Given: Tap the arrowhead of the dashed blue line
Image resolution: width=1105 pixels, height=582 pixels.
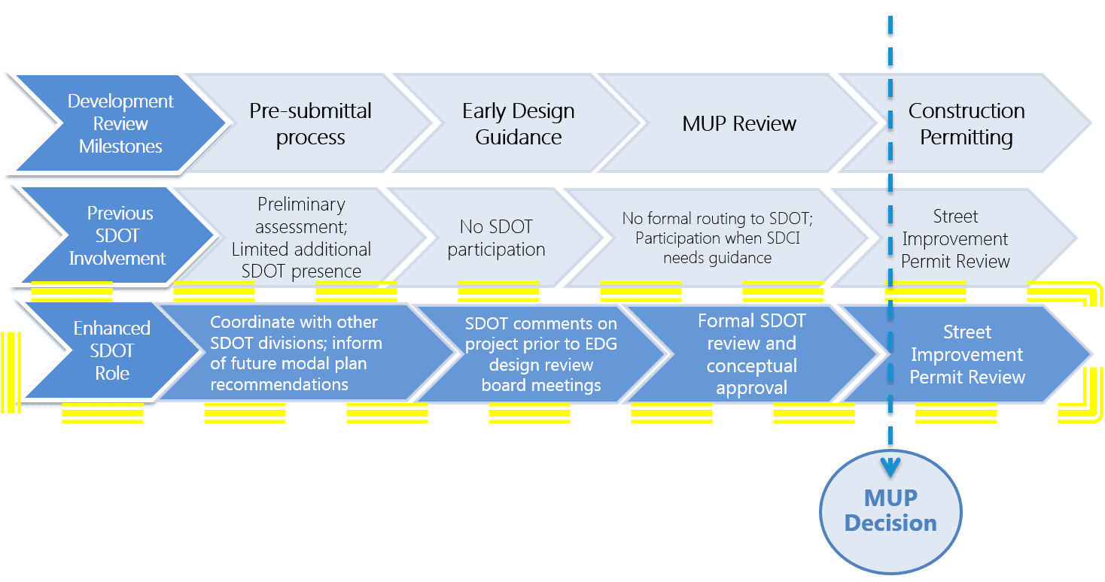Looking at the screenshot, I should (890, 467).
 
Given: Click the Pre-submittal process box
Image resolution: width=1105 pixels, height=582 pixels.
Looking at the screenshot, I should (310, 124).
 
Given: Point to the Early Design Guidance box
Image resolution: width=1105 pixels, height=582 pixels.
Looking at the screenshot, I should (518, 124).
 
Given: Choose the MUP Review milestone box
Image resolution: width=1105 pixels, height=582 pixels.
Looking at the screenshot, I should (738, 124).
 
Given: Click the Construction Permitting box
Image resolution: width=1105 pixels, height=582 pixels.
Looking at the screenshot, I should (966, 124).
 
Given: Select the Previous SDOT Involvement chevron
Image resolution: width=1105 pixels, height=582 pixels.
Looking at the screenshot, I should (117, 235).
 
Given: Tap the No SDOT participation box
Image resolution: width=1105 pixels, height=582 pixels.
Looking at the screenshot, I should (496, 238).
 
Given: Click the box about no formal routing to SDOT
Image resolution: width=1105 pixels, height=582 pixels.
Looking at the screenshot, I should (717, 238).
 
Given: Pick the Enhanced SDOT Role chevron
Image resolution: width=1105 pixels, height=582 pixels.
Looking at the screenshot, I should (111, 350).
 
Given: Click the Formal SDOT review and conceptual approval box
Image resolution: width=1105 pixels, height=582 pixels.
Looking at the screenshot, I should (751, 354).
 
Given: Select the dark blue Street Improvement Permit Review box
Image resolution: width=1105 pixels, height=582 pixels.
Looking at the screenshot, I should (966, 354).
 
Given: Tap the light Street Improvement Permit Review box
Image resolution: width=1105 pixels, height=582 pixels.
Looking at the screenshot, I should (954, 238).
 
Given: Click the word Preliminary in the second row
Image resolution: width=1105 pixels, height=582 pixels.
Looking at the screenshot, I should (301, 205).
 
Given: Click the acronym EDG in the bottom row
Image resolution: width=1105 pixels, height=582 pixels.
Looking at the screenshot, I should (602, 345).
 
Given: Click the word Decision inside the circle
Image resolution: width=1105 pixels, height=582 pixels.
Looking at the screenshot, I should (890, 523).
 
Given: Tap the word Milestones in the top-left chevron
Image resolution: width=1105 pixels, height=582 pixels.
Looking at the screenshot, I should (120, 147).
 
